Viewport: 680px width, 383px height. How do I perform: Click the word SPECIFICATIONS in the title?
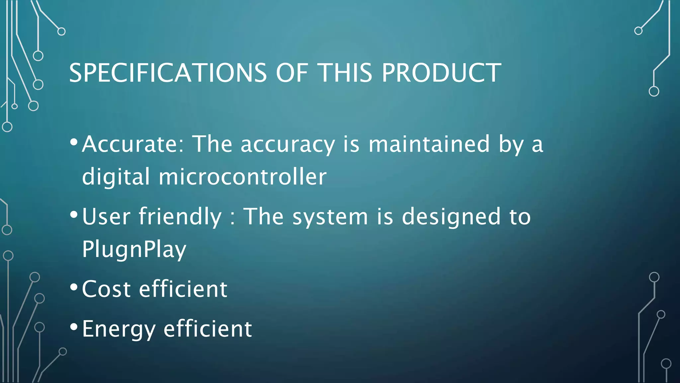pyautogui.click(x=168, y=73)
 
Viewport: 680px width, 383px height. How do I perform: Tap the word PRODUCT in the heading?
pyautogui.click(x=441, y=73)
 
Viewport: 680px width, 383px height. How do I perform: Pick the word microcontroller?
pyautogui.click(x=242, y=177)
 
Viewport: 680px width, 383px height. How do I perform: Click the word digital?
pyautogui.click(x=116, y=177)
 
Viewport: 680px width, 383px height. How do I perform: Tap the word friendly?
pyautogui.click(x=180, y=217)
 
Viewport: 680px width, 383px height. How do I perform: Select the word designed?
pyautogui.click(x=451, y=217)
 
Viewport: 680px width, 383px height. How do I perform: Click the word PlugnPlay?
pyautogui.click(x=134, y=249)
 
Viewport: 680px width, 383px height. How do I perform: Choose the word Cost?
pyautogui.click(x=106, y=289)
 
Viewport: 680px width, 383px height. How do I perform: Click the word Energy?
pyautogui.click(x=119, y=329)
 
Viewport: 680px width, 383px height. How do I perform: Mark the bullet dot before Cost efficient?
pyautogui.click(x=74, y=287)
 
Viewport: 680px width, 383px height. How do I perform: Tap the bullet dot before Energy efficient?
pyautogui.click(x=74, y=326)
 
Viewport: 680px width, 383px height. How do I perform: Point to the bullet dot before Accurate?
pyautogui.click(x=74, y=142)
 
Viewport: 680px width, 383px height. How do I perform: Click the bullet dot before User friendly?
pyautogui.click(x=74, y=214)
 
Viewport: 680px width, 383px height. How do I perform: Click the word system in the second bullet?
pyautogui.click(x=330, y=217)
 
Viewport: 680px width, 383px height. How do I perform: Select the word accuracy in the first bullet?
pyautogui.click(x=288, y=145)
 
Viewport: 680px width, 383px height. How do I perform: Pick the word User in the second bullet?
pyautogui.click(x=106, y=217)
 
